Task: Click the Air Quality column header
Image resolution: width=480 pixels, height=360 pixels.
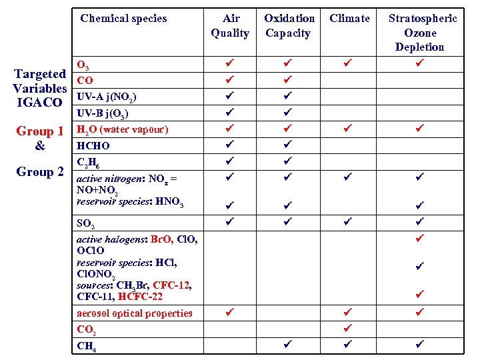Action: click(230, 25)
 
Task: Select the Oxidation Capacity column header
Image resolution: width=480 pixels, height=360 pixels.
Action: click(289, 25)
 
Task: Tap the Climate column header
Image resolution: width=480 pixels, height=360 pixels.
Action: click(349, 19)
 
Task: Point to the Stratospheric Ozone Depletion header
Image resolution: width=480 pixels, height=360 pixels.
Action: click(423, 33)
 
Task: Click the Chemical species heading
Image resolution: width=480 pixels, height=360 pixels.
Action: click(123, 19)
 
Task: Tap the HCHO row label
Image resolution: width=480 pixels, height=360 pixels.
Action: click(93, 145)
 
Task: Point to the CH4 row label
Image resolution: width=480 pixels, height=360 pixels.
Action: click(86, 345)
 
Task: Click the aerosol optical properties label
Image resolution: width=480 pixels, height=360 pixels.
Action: click(135, 313)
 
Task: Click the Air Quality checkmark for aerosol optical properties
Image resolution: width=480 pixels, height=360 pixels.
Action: click(229, 311)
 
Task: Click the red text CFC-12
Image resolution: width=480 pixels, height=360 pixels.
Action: click(171, 285)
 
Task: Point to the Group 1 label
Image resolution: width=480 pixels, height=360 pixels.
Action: click(40, 131)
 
